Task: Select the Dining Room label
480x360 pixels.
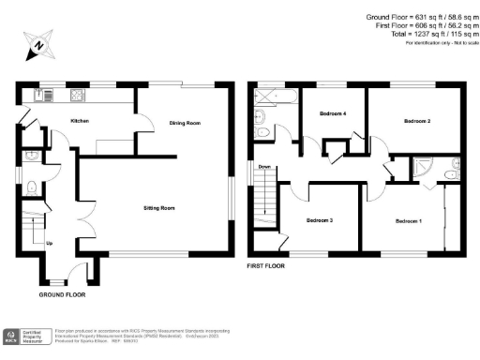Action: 184,123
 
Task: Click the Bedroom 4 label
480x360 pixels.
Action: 333,113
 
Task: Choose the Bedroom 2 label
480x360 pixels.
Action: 417,122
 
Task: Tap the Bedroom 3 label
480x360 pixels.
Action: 319,220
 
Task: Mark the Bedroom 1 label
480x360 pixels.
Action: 408,220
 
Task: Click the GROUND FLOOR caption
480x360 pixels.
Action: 62,294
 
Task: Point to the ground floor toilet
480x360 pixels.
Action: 31,186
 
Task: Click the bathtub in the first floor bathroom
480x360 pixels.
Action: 278,95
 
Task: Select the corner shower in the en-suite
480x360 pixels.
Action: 425,167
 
